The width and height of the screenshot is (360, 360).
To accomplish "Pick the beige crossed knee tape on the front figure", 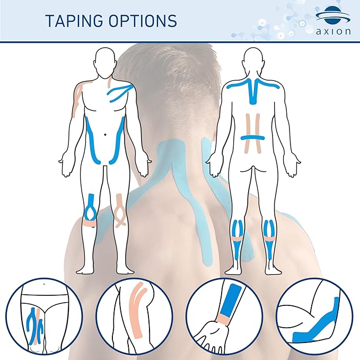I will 121,210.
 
